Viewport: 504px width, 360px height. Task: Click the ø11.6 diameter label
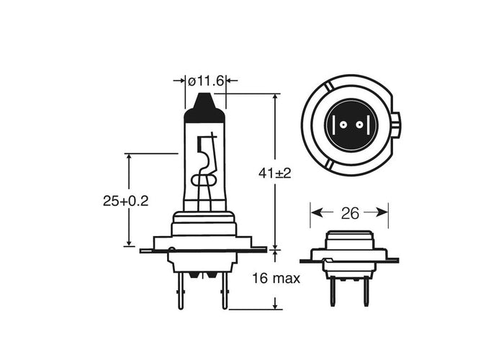click(206, 81)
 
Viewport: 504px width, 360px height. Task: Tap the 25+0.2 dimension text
click(125, 202)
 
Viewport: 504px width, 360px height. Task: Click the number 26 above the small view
click(349, 213)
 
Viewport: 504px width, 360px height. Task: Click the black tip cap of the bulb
click(205, 109)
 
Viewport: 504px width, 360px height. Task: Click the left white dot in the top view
click(342, 125)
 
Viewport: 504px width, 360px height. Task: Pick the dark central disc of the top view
click(349, 125)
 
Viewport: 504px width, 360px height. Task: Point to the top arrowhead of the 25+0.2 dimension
click(129, 158)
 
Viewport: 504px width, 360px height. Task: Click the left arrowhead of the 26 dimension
click(315, 213)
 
